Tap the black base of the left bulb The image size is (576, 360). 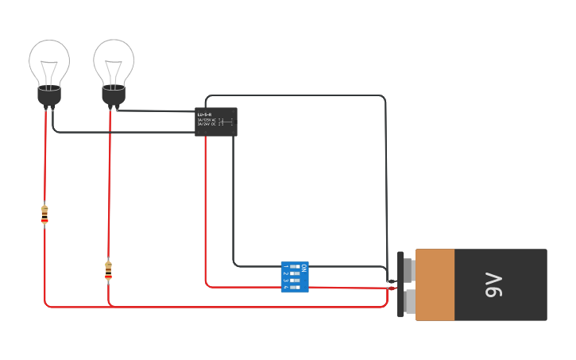click(49, 96)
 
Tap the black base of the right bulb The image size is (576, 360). click(114, 96)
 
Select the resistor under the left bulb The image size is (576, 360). click(44, 215)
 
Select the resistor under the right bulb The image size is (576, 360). click(108, 270)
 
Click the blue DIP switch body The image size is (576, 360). click(294, 277)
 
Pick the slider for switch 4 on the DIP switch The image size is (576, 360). click(296, 286)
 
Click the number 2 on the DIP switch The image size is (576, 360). click(285, 274)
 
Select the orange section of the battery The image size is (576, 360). click(435, 285)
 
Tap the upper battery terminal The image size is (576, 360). click(408, 269)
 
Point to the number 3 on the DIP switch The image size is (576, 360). click(285, 281)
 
